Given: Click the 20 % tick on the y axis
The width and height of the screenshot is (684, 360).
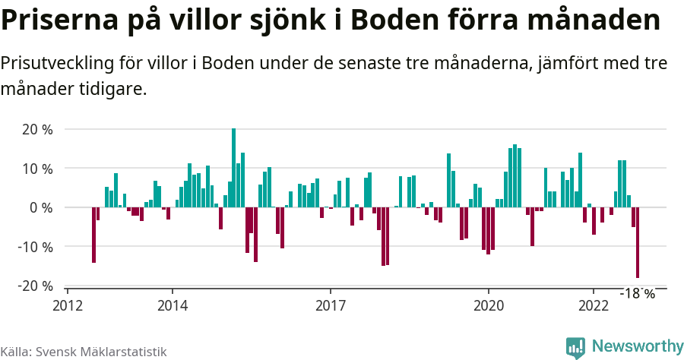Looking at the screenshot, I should tap(37, 129).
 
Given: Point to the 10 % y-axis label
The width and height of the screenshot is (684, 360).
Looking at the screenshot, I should tap(37, 168).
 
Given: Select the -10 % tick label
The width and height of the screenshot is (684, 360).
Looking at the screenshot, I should tap(35, 247).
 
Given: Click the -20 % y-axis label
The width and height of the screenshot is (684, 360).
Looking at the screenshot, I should tap(35, 286).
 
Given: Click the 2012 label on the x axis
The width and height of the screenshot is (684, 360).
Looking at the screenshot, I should tap(67, 305).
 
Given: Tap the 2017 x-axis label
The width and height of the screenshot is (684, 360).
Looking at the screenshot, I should tap(330, 305).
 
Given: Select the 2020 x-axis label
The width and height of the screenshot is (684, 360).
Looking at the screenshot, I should tap(488, 305).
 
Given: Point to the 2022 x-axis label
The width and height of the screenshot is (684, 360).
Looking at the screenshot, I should tap(593, 305).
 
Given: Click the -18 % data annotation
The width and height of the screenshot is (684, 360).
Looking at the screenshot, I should tap(637, 293).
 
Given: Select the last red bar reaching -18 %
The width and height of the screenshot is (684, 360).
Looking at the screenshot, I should tap(638, 242).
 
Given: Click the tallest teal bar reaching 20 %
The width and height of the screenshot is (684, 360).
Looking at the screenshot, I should tap(233, 167).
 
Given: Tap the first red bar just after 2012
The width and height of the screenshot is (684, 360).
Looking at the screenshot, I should tap(93, 235).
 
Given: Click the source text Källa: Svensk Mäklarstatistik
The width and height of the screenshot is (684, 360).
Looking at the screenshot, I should tap(83, 352).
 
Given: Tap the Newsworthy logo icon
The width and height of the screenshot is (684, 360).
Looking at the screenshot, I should tap(575, 347).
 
